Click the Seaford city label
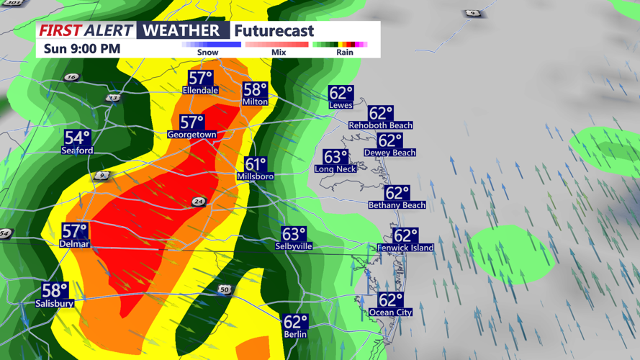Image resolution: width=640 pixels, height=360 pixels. [x=77, y=151]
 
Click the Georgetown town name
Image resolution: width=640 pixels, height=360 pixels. [x=192, y=135]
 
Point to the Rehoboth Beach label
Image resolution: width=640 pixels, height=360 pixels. [x=381, y=125]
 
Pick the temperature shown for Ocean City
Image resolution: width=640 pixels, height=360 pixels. [x=391, y=300]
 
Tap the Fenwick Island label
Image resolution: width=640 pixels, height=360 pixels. [x=405, y=248]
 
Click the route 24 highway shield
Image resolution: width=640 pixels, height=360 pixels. [x=199, y=202]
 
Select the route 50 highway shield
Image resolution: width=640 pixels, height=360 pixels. [x=225, y=289]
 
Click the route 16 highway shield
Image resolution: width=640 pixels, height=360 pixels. [x=71, y=77]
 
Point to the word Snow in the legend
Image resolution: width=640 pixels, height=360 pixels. [x=207, y=52]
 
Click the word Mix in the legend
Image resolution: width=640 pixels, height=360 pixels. [x=279, y=52]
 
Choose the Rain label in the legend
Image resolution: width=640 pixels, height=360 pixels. [x=345, y=52]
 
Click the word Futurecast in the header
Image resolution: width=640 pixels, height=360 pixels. [x=274, y=31]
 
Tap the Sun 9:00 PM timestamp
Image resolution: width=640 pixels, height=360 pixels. [x=81, y=49]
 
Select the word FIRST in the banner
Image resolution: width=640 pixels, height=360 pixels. [x=60, y=31]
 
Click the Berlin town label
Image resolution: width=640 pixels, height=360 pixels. [x=295, y=334]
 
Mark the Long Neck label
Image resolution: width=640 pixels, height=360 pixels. [x=335, y=169]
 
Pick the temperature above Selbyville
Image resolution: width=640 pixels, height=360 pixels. [x=294, y=234]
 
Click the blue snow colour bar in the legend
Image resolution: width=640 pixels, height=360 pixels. [x=212, y=44]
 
